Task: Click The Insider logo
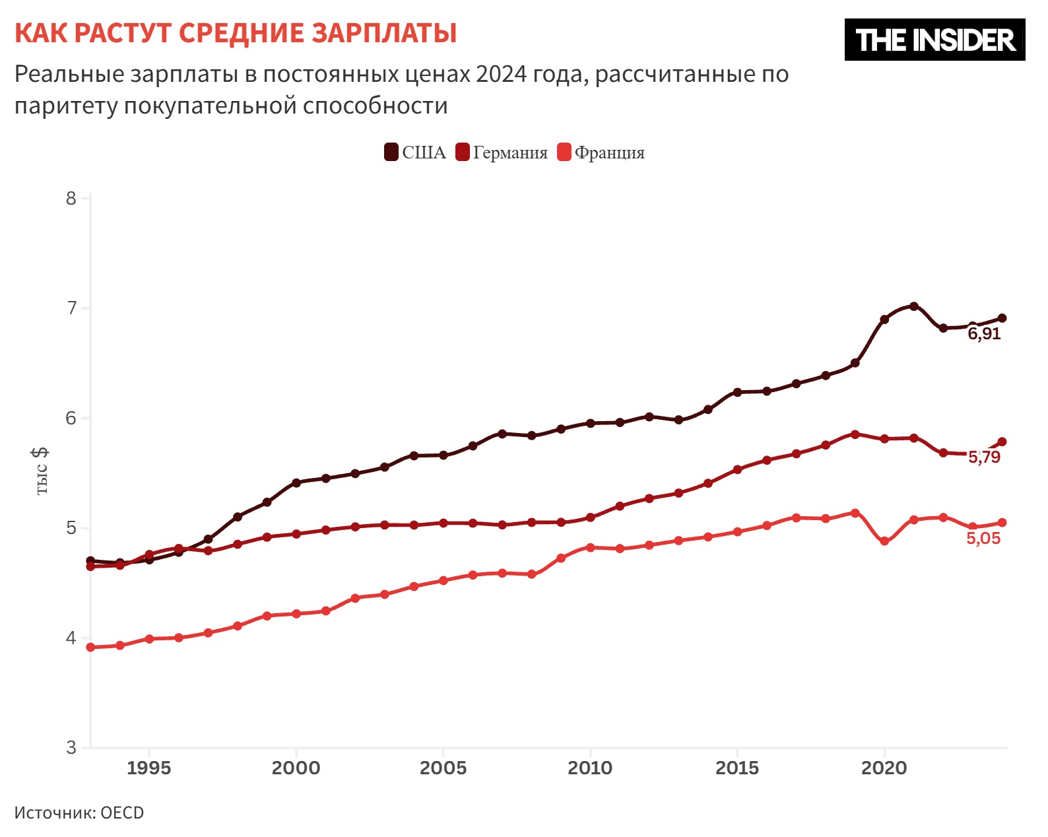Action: [x=934, y=40]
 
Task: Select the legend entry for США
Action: [x=415, y=152]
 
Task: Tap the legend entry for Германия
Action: [x=502, y=152]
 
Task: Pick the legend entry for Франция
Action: [x=601, y=152]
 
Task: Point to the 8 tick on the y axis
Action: [x=71, y=198]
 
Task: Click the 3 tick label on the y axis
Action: [x=71, y=748]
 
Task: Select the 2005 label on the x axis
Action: [x=443, y=768]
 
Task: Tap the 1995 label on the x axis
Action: [x=149, y=768]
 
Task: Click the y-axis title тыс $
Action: [x=41, y=471]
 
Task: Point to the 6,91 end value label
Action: [x=984, y=334]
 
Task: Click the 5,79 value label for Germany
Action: [x=984, y=457]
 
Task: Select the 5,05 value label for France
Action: [x=983, y=539]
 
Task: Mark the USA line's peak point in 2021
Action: [x=913, y=306]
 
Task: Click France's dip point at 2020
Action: [x=884, y=541]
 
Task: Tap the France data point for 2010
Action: [x=590, y=547]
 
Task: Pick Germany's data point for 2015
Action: [x=737, y=469]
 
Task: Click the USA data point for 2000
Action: [x=296, y=483]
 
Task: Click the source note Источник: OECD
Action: [x=79, y=813]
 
